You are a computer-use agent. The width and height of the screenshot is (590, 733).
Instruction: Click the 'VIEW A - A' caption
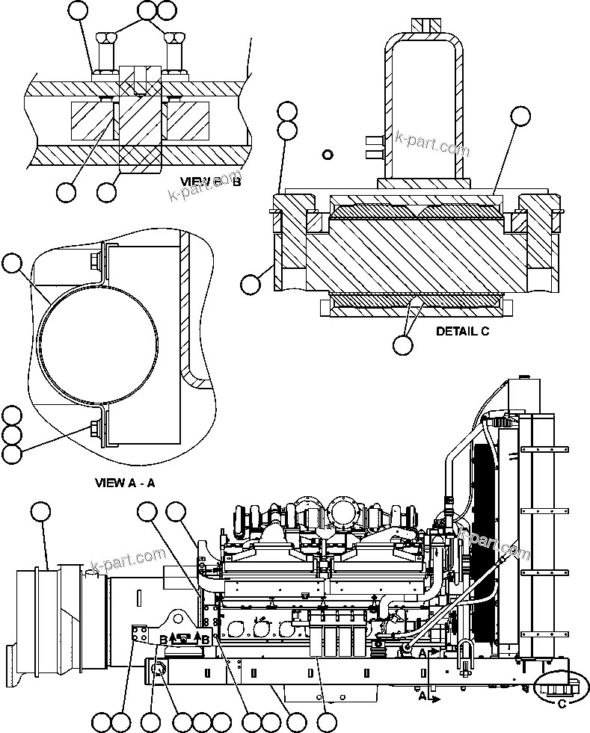[x=125, y=482]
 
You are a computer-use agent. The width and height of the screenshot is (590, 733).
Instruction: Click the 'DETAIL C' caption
[x=462, y=332]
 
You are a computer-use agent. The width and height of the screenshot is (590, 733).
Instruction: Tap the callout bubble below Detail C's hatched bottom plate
[x=402, y=344]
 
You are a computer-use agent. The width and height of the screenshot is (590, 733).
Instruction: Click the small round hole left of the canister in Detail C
[x=326, y=155]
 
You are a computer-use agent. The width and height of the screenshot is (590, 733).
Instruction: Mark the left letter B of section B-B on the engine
[x=163, y=639]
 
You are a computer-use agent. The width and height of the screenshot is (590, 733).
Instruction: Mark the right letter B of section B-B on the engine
[x=206, y=639]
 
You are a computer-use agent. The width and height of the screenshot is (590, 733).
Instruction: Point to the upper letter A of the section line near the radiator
[x=423, y=652]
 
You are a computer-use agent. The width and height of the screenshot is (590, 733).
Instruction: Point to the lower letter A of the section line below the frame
[x=422, y=696]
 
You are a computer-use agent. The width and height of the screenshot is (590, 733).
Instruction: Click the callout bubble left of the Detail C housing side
[x=251, y=284]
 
